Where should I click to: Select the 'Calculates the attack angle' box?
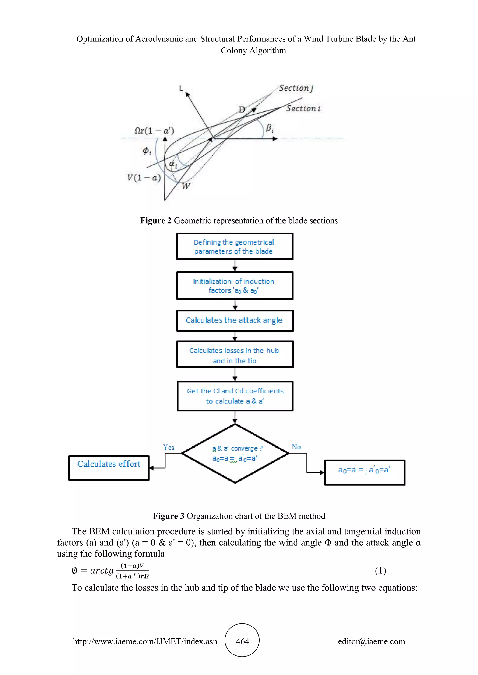[x=235, y=321]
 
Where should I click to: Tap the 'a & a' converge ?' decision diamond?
[x=235, y=453]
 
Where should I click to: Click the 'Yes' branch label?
[x=169, y=448]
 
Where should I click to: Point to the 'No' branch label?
[x=296, y=447]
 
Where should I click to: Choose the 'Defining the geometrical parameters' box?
[x=235, y=247]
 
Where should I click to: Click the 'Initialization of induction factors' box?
[x=235, y=286]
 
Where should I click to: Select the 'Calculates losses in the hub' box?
[x=235, y=354]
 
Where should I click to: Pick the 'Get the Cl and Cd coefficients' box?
[x=235, y=396]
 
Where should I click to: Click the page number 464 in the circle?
[x=242, y=641]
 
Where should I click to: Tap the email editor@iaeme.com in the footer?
[x=371, y=641]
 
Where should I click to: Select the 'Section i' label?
[x=303, y=108]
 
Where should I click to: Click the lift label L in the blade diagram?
[x=181, y=88]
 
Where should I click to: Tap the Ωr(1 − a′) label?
[x=154, y=131]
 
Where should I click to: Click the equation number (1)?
[x=380, y=571]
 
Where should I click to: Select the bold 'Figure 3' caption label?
[x=168, y=516]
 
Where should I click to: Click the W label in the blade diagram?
[x=186, y=186]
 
